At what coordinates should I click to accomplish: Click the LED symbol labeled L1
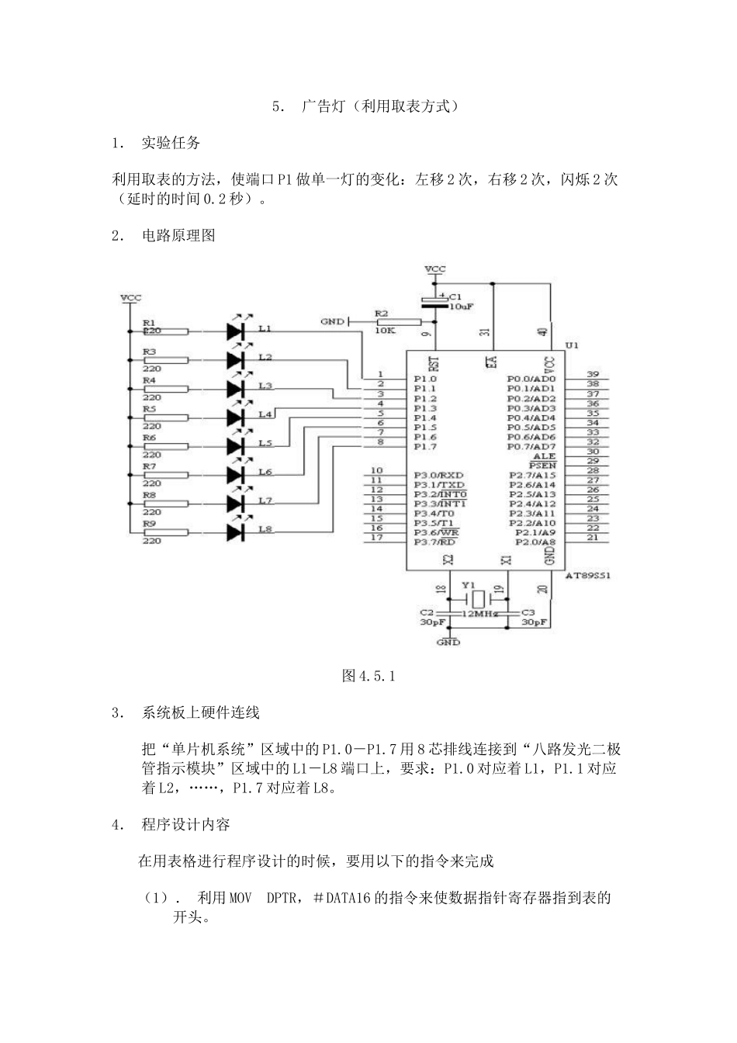point(237,331)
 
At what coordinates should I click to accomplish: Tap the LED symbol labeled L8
point(237,532)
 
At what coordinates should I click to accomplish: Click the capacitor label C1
point(455,296)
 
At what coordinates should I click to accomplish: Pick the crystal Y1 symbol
point(479,598)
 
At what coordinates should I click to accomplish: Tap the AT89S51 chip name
point(587,576)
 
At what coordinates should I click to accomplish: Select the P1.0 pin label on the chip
point(424,379)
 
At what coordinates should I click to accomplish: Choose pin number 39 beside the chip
point(593,374)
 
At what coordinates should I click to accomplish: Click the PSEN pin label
point(543,466)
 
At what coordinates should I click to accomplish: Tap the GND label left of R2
point(332,321)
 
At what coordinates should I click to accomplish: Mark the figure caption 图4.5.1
point(368,676)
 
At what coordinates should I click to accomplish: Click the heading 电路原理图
point(178,236)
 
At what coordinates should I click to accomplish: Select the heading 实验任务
point(171,143)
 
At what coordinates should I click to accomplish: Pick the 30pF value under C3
point(535,622)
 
